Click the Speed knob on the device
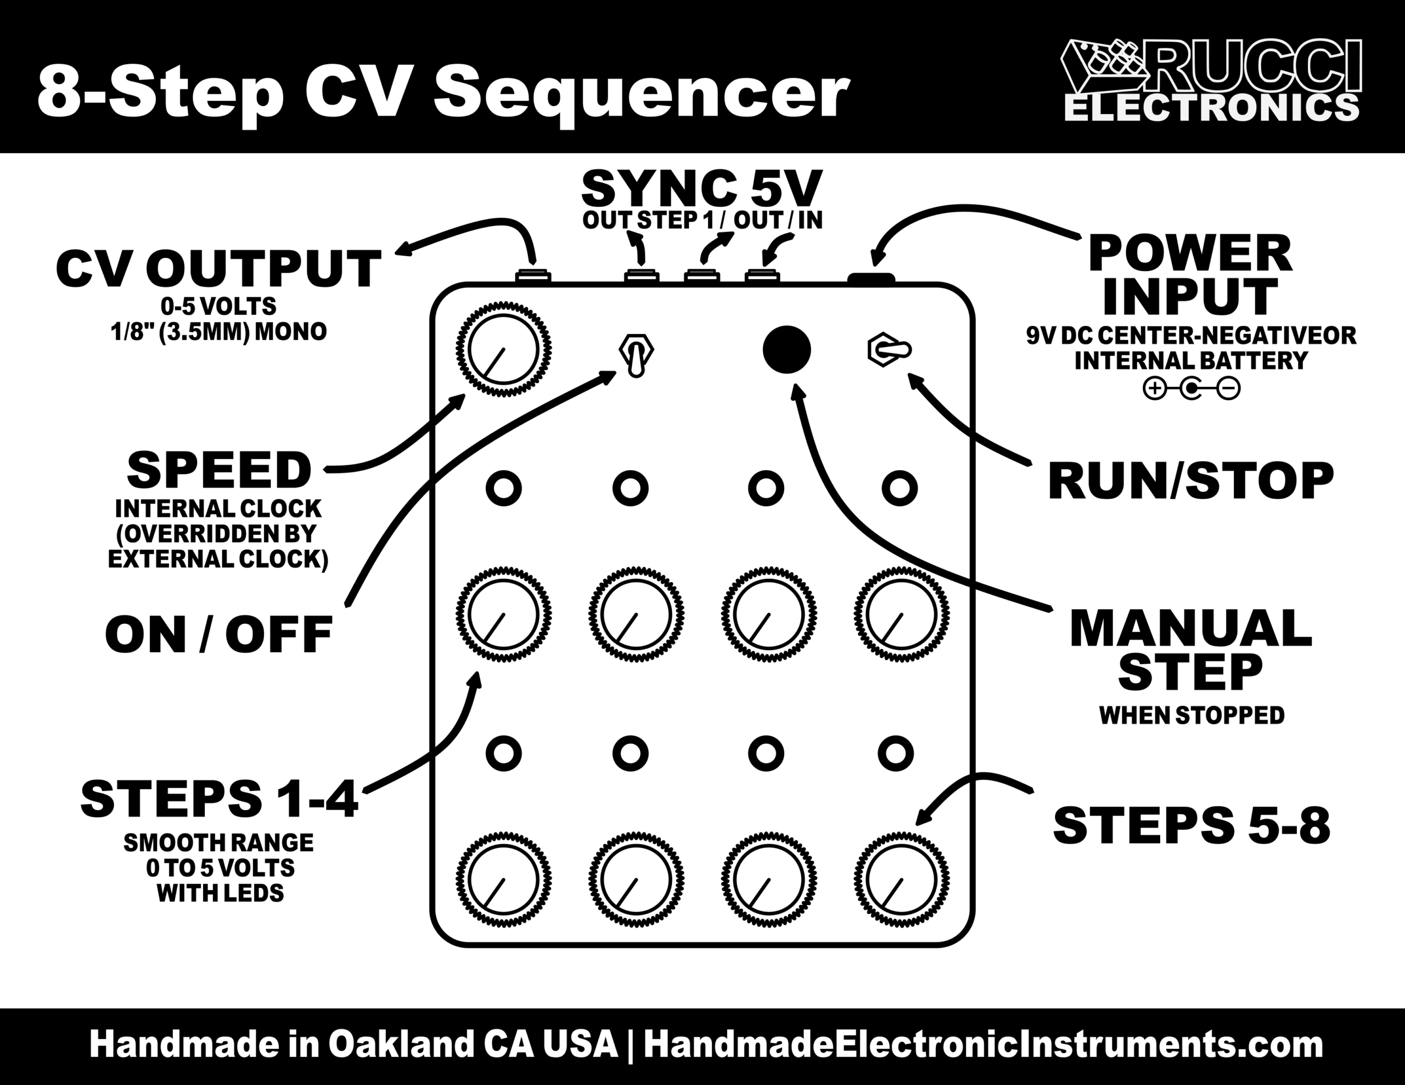click(504, 350)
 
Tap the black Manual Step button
click(786, 349)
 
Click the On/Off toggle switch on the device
click(636, 355)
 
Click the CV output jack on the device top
click(533, 276)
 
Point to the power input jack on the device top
click(871, 278)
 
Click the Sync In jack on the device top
click(762, 276)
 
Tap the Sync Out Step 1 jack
click(642, 276)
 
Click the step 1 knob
click(504, 614)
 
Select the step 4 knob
click(901, 614)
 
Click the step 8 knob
click(901, 880)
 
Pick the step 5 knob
click(504, 880)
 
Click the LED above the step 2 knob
click(631, 488)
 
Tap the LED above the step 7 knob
click(766, 753)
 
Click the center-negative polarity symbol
click(1192, 388)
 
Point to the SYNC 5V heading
click(701, 189)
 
